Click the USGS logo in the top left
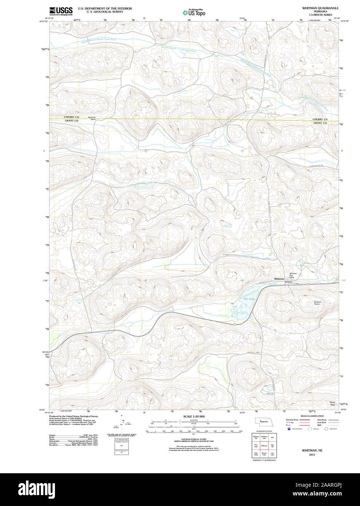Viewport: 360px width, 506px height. [61, 10]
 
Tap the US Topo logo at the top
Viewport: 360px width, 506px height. [194, 12]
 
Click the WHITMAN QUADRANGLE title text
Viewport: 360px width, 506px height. [320, 8]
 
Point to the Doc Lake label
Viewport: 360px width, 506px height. [249, 299]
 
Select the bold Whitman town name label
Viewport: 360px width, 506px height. [279, 279]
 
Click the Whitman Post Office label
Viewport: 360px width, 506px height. [293, 276]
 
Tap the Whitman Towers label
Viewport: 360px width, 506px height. [317, 303]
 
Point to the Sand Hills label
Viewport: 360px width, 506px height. [332, 403]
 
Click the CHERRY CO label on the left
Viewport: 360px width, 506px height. [71, 117]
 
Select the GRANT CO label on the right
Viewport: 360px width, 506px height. [320, 123]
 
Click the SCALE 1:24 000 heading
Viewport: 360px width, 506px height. [194, 416]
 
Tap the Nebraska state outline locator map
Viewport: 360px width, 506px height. [262, 421]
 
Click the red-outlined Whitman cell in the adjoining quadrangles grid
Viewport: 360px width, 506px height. [264, 446]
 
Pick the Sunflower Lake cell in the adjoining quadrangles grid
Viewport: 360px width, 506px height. [264, 437]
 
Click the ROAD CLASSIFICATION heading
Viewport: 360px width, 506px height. [312, 416]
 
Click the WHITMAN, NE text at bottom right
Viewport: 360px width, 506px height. [312, 450]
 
